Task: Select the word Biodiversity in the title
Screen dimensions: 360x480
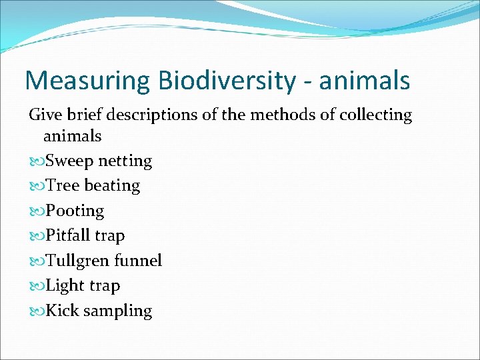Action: pos(227,81)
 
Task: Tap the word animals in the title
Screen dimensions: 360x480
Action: pos(365,81)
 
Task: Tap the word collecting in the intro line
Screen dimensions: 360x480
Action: pos(375,115)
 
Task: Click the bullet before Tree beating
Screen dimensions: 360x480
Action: pos(36,186)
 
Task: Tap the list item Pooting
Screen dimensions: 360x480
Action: pos(75,211)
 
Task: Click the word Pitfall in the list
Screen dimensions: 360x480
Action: pos(67,236)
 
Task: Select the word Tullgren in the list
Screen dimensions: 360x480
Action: pos(77,261)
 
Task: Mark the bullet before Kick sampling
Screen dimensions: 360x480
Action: pos(36,311)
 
